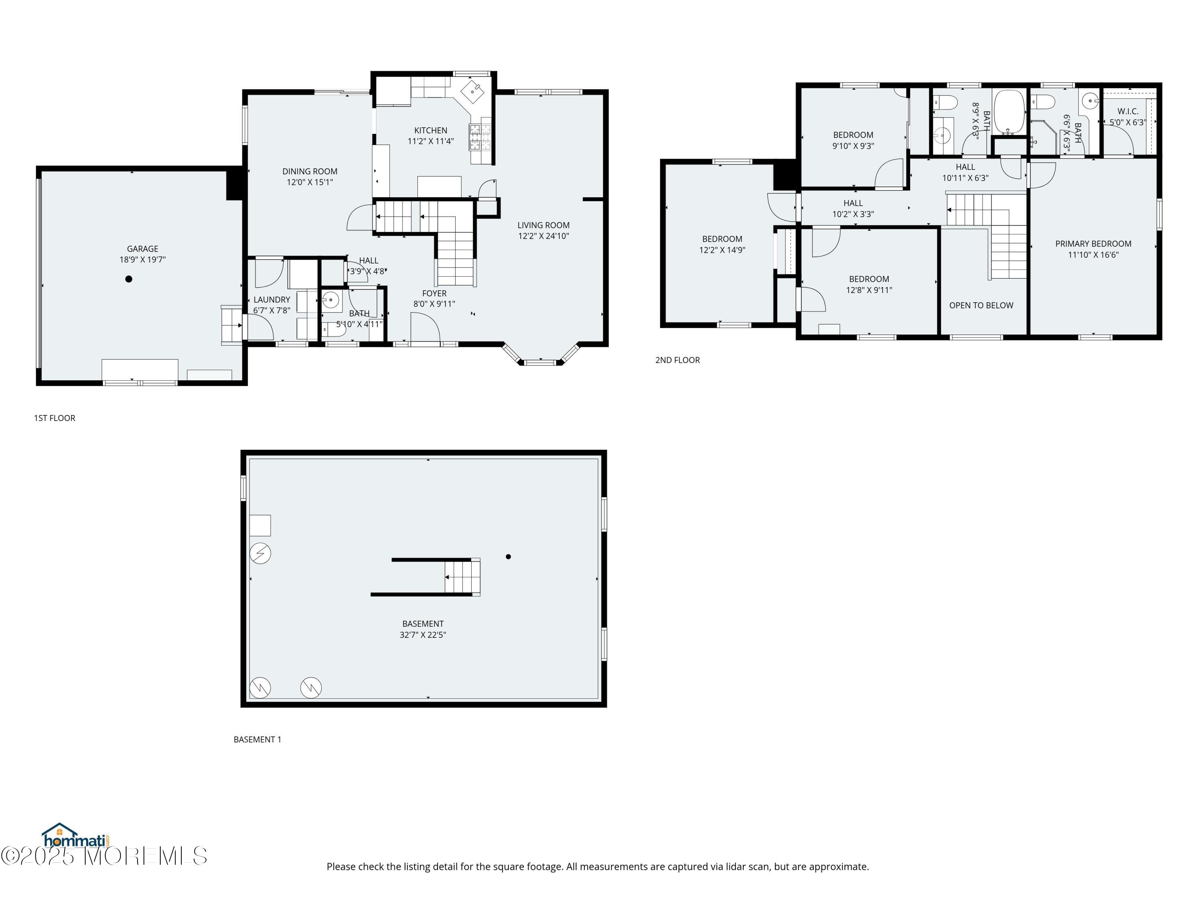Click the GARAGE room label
[143, 249]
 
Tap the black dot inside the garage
[129, 279]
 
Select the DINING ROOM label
[310, 171]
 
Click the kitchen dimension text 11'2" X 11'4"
[431, 141]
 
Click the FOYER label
[434, 293]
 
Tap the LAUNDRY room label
[272, 299]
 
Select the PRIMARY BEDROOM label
[1093, 244]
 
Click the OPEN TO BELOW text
[982, 305]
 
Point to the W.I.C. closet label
[1128, 111]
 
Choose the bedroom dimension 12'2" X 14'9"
[722, 250]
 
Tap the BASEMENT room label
[423, 624]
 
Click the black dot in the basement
[508, 557]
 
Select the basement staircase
[462, 577]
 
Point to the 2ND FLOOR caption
[677, 360]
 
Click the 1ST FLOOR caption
[55, 418]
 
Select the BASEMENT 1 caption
[258, 739]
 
